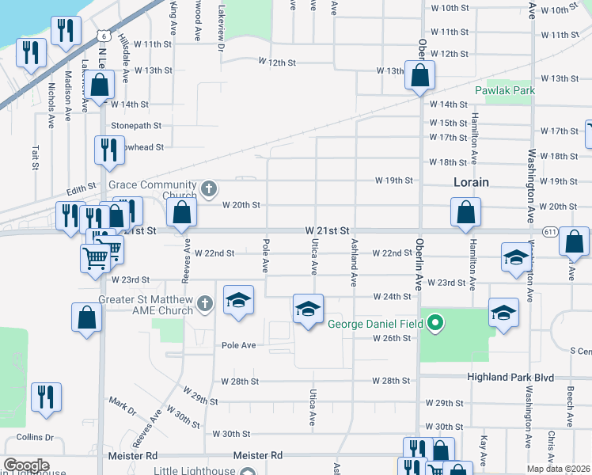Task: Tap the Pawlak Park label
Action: pyautogui.click(x=504, y=90)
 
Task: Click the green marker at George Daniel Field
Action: pyautogui.click(x=434, y=323)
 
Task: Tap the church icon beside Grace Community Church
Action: pyautogui.click(x=208, y=188)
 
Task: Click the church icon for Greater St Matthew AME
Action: pyautogui.click(x=204, y=302)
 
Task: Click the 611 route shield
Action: pyautogui.click(x=550, y=230)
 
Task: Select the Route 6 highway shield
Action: pyautogui.click(x=104, y=36)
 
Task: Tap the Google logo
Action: pyautogui.click(x=26, y=465)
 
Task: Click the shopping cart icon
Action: pyautogui.click(x=94, y=256)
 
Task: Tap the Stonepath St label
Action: pyautogui.click(x=136, y=125)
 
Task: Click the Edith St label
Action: pyautogui.click(x=81, y=190)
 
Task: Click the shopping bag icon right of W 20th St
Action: pyautogui.click(x=465, y=212)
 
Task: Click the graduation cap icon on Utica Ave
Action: pyautogui.click(x=308, y=309)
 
